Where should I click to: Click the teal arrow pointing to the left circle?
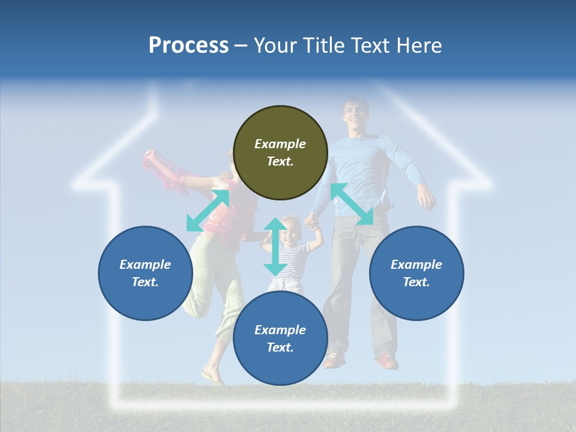point(208,211)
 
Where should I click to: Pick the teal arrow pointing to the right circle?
point(352,204)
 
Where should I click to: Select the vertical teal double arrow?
point(275,247)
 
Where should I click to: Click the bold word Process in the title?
point(188,45)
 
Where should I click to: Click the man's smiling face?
point(354,115)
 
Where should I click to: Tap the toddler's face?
point(290,231)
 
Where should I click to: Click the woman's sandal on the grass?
point(212,378)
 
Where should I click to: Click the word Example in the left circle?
point(145,265)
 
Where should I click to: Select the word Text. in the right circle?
point(416,282)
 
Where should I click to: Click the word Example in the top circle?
point(280,144)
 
